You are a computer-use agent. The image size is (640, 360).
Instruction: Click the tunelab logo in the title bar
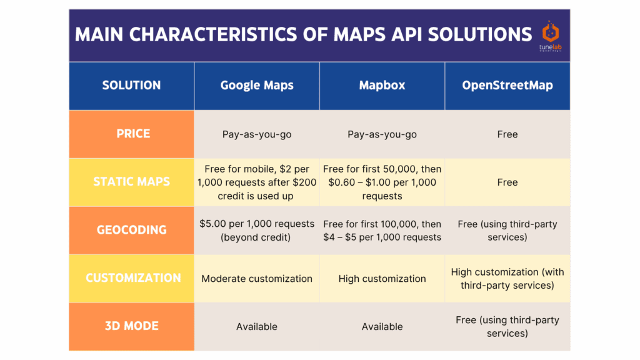551,36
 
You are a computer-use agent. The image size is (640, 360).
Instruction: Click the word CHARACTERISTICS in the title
214,35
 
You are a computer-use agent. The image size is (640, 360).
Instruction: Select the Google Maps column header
257,85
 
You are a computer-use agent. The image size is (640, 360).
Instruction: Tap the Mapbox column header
382,85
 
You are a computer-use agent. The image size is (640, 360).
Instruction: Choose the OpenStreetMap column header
507,85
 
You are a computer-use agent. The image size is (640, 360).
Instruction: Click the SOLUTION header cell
131,85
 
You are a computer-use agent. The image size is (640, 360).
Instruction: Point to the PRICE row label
131,134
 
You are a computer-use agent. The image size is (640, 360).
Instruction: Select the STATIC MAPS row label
131,182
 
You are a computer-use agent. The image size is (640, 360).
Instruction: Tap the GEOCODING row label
131,230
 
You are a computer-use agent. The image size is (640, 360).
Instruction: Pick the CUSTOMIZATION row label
131,278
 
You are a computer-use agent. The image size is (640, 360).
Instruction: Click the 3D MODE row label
131,326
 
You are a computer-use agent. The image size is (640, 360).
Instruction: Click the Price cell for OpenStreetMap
507,134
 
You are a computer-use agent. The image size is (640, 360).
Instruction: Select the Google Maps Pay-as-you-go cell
257,134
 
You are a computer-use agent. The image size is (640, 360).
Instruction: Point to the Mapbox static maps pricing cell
382,182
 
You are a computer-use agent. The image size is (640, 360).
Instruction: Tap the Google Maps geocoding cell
257,230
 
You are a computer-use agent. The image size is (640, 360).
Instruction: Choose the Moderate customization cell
257,278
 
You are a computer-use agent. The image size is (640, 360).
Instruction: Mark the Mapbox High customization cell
382,278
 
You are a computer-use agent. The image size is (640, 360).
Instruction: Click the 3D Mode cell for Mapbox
382,326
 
